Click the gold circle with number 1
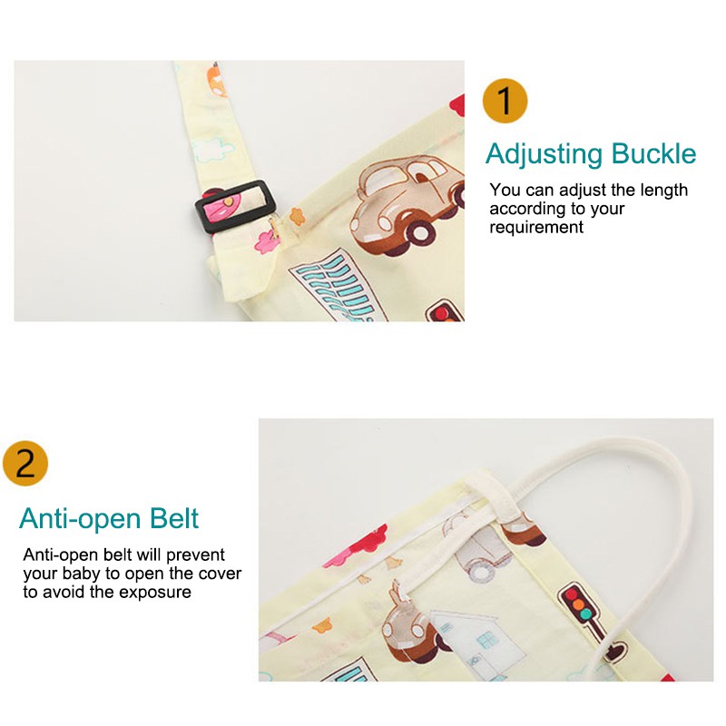coord(505,101)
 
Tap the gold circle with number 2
coord(25,463)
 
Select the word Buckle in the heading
coord(653,153)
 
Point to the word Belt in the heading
coord(174,518)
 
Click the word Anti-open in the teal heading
coord(80,519)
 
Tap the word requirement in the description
coord(536,228)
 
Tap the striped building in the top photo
coord(338,286)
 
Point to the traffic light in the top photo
coord(445,310)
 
